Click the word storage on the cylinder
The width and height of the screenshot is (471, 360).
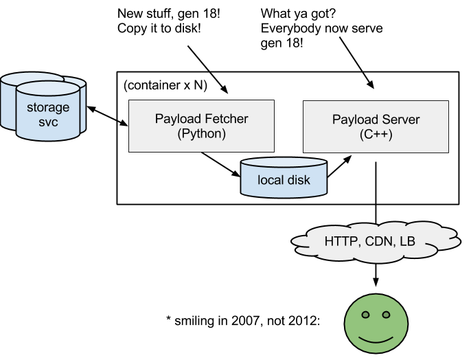pos(48,107)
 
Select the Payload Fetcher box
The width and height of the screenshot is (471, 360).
pos(201,126)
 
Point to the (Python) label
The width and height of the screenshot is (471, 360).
pos(201,133)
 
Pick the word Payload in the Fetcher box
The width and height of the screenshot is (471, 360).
pos(177,119)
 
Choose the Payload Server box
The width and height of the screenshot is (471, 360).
pos(376,126)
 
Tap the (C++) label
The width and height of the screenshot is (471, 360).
pos(376,134)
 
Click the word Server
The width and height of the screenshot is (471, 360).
pos(400,120)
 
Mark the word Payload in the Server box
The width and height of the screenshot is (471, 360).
pos(354,120)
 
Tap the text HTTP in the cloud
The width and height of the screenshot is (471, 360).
pos(341,241)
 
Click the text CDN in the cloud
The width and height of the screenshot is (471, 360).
pos(380,241)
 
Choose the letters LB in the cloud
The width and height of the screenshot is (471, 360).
pos(408,241)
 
